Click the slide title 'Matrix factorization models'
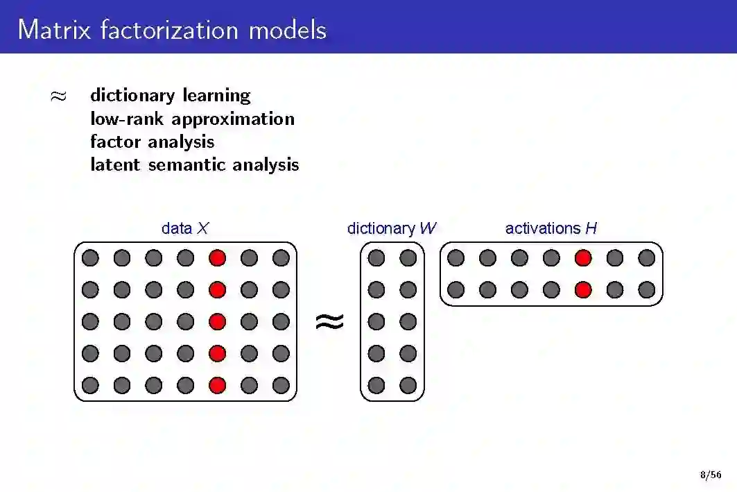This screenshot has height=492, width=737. point(172,29)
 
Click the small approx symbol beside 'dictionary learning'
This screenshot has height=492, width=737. point(59,96)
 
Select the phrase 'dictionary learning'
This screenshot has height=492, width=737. point(170,95)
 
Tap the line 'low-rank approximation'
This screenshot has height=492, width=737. point(192,119)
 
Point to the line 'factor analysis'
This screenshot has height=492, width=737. point(152,142)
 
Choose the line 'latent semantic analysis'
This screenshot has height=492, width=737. point(194,164)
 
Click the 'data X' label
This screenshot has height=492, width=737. point(184,228)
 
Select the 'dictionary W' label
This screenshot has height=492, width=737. point(392,228)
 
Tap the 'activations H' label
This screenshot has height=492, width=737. point(550,228)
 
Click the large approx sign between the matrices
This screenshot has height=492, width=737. point(329,321)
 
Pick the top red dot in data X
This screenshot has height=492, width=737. point(218,258)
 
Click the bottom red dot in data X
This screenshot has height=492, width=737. point(218,385)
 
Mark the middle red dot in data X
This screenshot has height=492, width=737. point(218,321)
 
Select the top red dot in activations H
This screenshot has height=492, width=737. point(583,258)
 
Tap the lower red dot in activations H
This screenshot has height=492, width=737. point(583,289)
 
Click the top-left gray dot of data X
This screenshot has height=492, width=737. point(90,258)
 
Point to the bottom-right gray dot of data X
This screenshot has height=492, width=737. point(281,385)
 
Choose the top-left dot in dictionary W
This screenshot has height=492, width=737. point(376,258)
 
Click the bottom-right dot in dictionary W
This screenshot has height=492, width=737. point(408,385)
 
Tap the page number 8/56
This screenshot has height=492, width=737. point(710,475)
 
